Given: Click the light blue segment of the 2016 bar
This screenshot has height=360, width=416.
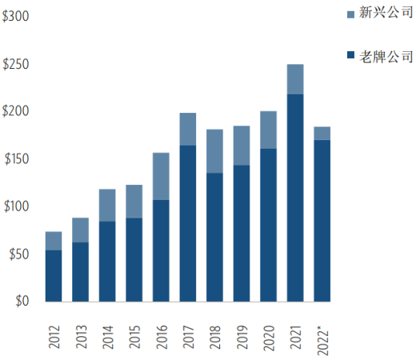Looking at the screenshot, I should coord(161,176).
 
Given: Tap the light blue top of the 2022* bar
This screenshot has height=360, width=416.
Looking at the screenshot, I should coord(322,134).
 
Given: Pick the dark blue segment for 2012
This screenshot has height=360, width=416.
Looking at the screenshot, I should coord(54,276).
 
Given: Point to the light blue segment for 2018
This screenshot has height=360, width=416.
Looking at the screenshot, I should coord(214,151).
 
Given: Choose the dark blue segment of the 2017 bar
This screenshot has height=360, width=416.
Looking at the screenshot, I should coord(188,223).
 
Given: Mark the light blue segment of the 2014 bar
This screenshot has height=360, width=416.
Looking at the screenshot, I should coord(107,206).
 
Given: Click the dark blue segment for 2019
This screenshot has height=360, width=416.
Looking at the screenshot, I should coord(242,234).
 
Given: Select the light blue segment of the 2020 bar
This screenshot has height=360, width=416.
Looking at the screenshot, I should coord(269,130).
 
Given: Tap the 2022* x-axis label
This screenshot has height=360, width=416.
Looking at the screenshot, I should coord(323,334).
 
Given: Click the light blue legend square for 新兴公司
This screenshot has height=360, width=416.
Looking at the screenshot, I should coord(351,14).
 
